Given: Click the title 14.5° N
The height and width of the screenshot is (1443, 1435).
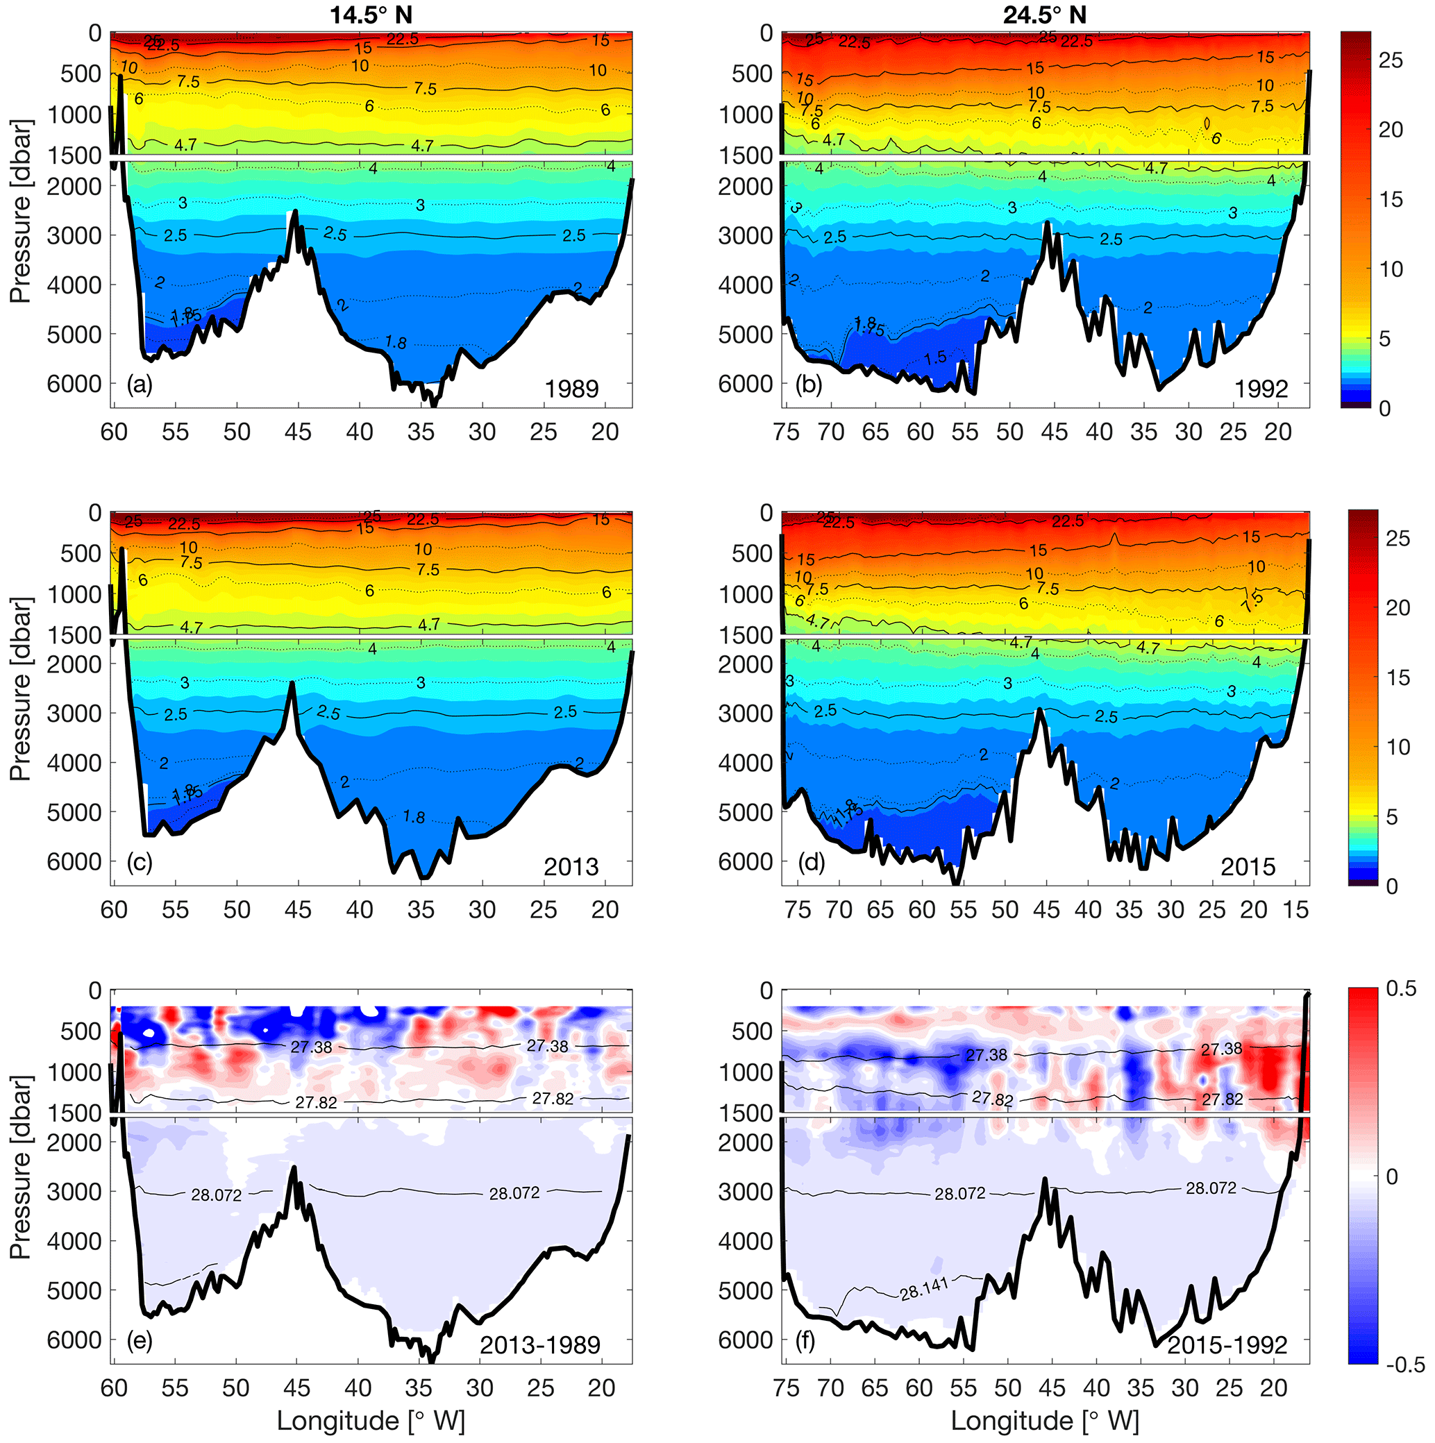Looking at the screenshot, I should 371,15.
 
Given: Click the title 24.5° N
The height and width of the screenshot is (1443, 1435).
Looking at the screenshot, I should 1044,15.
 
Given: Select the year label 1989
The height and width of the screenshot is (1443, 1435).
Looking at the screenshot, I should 571,389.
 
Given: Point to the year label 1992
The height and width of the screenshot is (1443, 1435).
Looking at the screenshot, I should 1261,389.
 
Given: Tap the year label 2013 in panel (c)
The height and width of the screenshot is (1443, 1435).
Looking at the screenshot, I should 571,867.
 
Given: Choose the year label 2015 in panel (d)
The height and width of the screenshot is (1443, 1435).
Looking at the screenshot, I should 1248,867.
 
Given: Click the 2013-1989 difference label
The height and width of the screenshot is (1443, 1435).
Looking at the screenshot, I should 540,1346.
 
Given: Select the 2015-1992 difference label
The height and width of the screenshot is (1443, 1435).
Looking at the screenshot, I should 1227,1346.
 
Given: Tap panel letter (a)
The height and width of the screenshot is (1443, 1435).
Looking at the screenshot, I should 140,385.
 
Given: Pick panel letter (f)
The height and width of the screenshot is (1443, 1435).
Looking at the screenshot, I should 806,1342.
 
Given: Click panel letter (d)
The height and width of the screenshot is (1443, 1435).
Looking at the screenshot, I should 812,863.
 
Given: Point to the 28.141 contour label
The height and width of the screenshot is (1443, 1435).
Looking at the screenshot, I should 924,1288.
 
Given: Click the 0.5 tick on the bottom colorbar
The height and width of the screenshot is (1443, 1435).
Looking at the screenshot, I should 1401,989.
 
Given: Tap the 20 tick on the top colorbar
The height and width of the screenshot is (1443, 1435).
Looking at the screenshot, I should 1391,130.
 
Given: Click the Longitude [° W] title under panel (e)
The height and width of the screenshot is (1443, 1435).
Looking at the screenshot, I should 371,1421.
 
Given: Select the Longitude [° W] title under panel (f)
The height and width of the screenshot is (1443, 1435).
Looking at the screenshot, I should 1044,1421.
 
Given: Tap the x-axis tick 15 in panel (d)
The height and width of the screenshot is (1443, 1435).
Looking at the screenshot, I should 1296,910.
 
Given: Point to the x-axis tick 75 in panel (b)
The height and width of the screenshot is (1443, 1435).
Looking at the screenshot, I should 787,432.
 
